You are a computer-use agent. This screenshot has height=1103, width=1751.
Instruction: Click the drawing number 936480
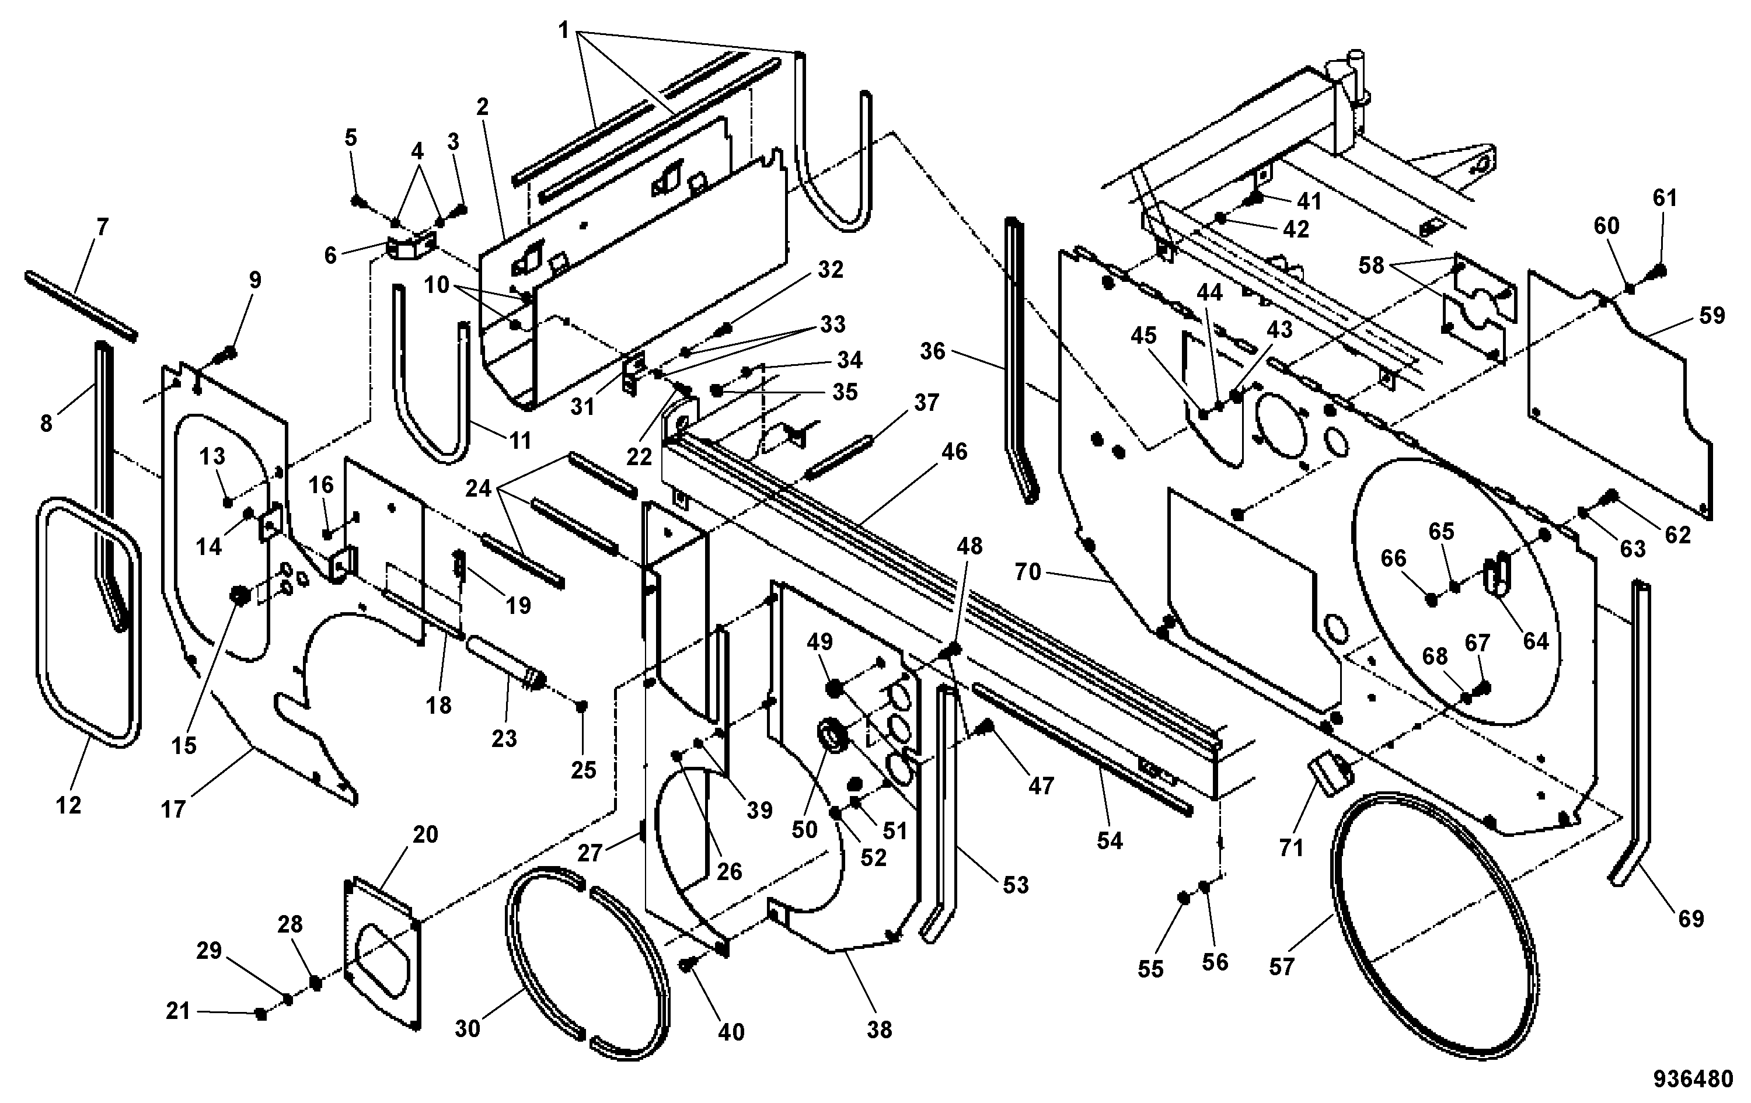pyautogui.click(x=1693, y=1079)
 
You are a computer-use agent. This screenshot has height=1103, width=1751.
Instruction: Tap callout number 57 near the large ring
pyautogui.click(x=1282, y=966)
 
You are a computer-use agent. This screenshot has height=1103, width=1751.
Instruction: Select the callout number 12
pyautogui.click(x=68, y=805)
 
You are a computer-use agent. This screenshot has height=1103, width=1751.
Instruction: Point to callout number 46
pyautogui.click(x=954, y=452)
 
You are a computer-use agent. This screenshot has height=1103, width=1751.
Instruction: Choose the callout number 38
pyautogui.click(x=879, y=1029)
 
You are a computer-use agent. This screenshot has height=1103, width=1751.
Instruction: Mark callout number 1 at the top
pyautogui.click(x=564, y=30)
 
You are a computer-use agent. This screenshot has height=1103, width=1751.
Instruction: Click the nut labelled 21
pyautogui.click(x=260, y=1014)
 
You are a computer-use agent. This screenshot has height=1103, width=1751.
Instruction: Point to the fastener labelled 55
pyautogui.click(x=1183, y=899)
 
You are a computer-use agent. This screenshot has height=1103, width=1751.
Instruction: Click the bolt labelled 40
pyautogui.click(x=687, y=964)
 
